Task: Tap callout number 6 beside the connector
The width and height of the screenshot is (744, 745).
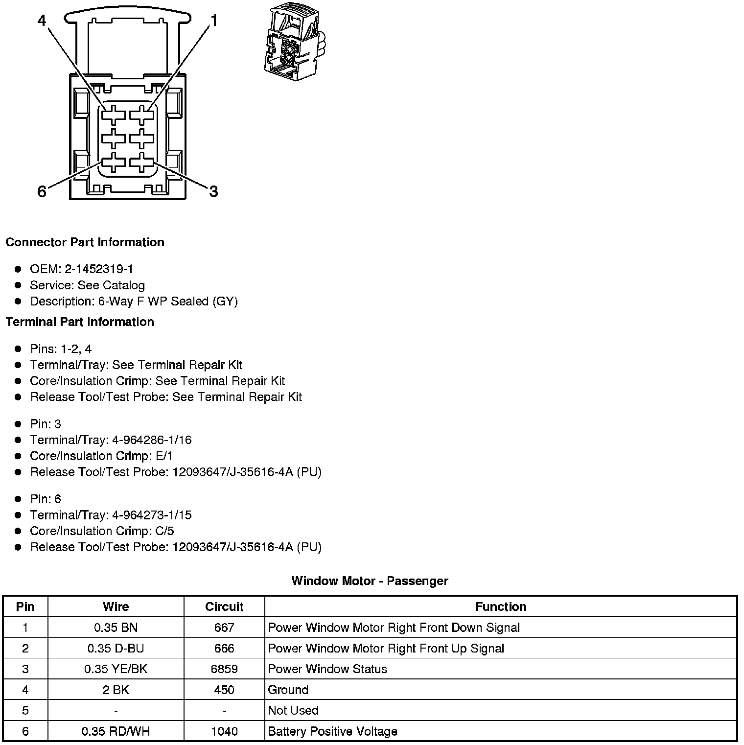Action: click(x=42, y=191)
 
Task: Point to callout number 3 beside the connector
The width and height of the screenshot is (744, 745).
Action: click(x=213, y=191)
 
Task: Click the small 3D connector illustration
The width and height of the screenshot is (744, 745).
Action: click(x=293, y=44)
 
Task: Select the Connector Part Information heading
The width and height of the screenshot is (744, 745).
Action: click(x=85, y=242)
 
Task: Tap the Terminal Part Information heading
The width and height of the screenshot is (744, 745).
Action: click(x=80, y=322)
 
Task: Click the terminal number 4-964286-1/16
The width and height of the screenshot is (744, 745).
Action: click(x=152, y=440)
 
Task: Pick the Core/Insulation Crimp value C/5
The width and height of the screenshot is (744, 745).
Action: click(x=164, y=531)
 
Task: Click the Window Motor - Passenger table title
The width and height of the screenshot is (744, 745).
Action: click(x=370, y=581)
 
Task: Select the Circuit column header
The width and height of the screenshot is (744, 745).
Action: click(x=224, y=606)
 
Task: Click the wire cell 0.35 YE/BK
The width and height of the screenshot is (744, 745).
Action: click(x=116, y=669)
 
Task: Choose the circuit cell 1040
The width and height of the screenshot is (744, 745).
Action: click(x=224, y=731)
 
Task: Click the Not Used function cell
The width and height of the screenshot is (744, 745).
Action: click(x=293, y=710)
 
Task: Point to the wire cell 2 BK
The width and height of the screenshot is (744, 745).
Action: click(x=116, y=690)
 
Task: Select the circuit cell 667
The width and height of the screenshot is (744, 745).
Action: click(x=224, y=628)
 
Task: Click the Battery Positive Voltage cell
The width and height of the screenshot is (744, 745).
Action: click(x=333, y=731)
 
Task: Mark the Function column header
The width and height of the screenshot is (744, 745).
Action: click(x=501, y=606)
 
